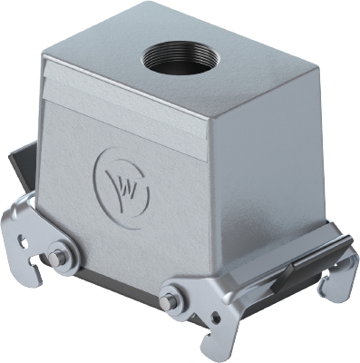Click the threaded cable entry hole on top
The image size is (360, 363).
pos(173,61)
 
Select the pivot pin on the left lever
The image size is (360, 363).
pos(58,257)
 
